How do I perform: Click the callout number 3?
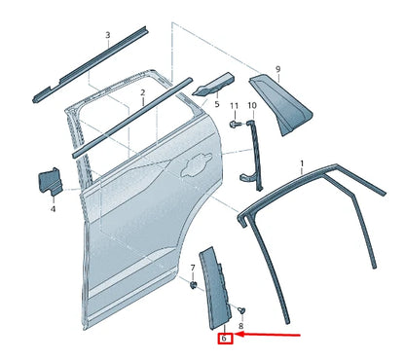point(107,36)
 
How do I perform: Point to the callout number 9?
point(277,69)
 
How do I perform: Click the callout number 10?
point(251,105)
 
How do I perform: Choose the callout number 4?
point(53,208)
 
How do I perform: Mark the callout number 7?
point(193,265)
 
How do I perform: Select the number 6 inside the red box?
point(224,339)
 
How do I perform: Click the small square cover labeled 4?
point(49,182)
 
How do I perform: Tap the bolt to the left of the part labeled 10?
point(235,125)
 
